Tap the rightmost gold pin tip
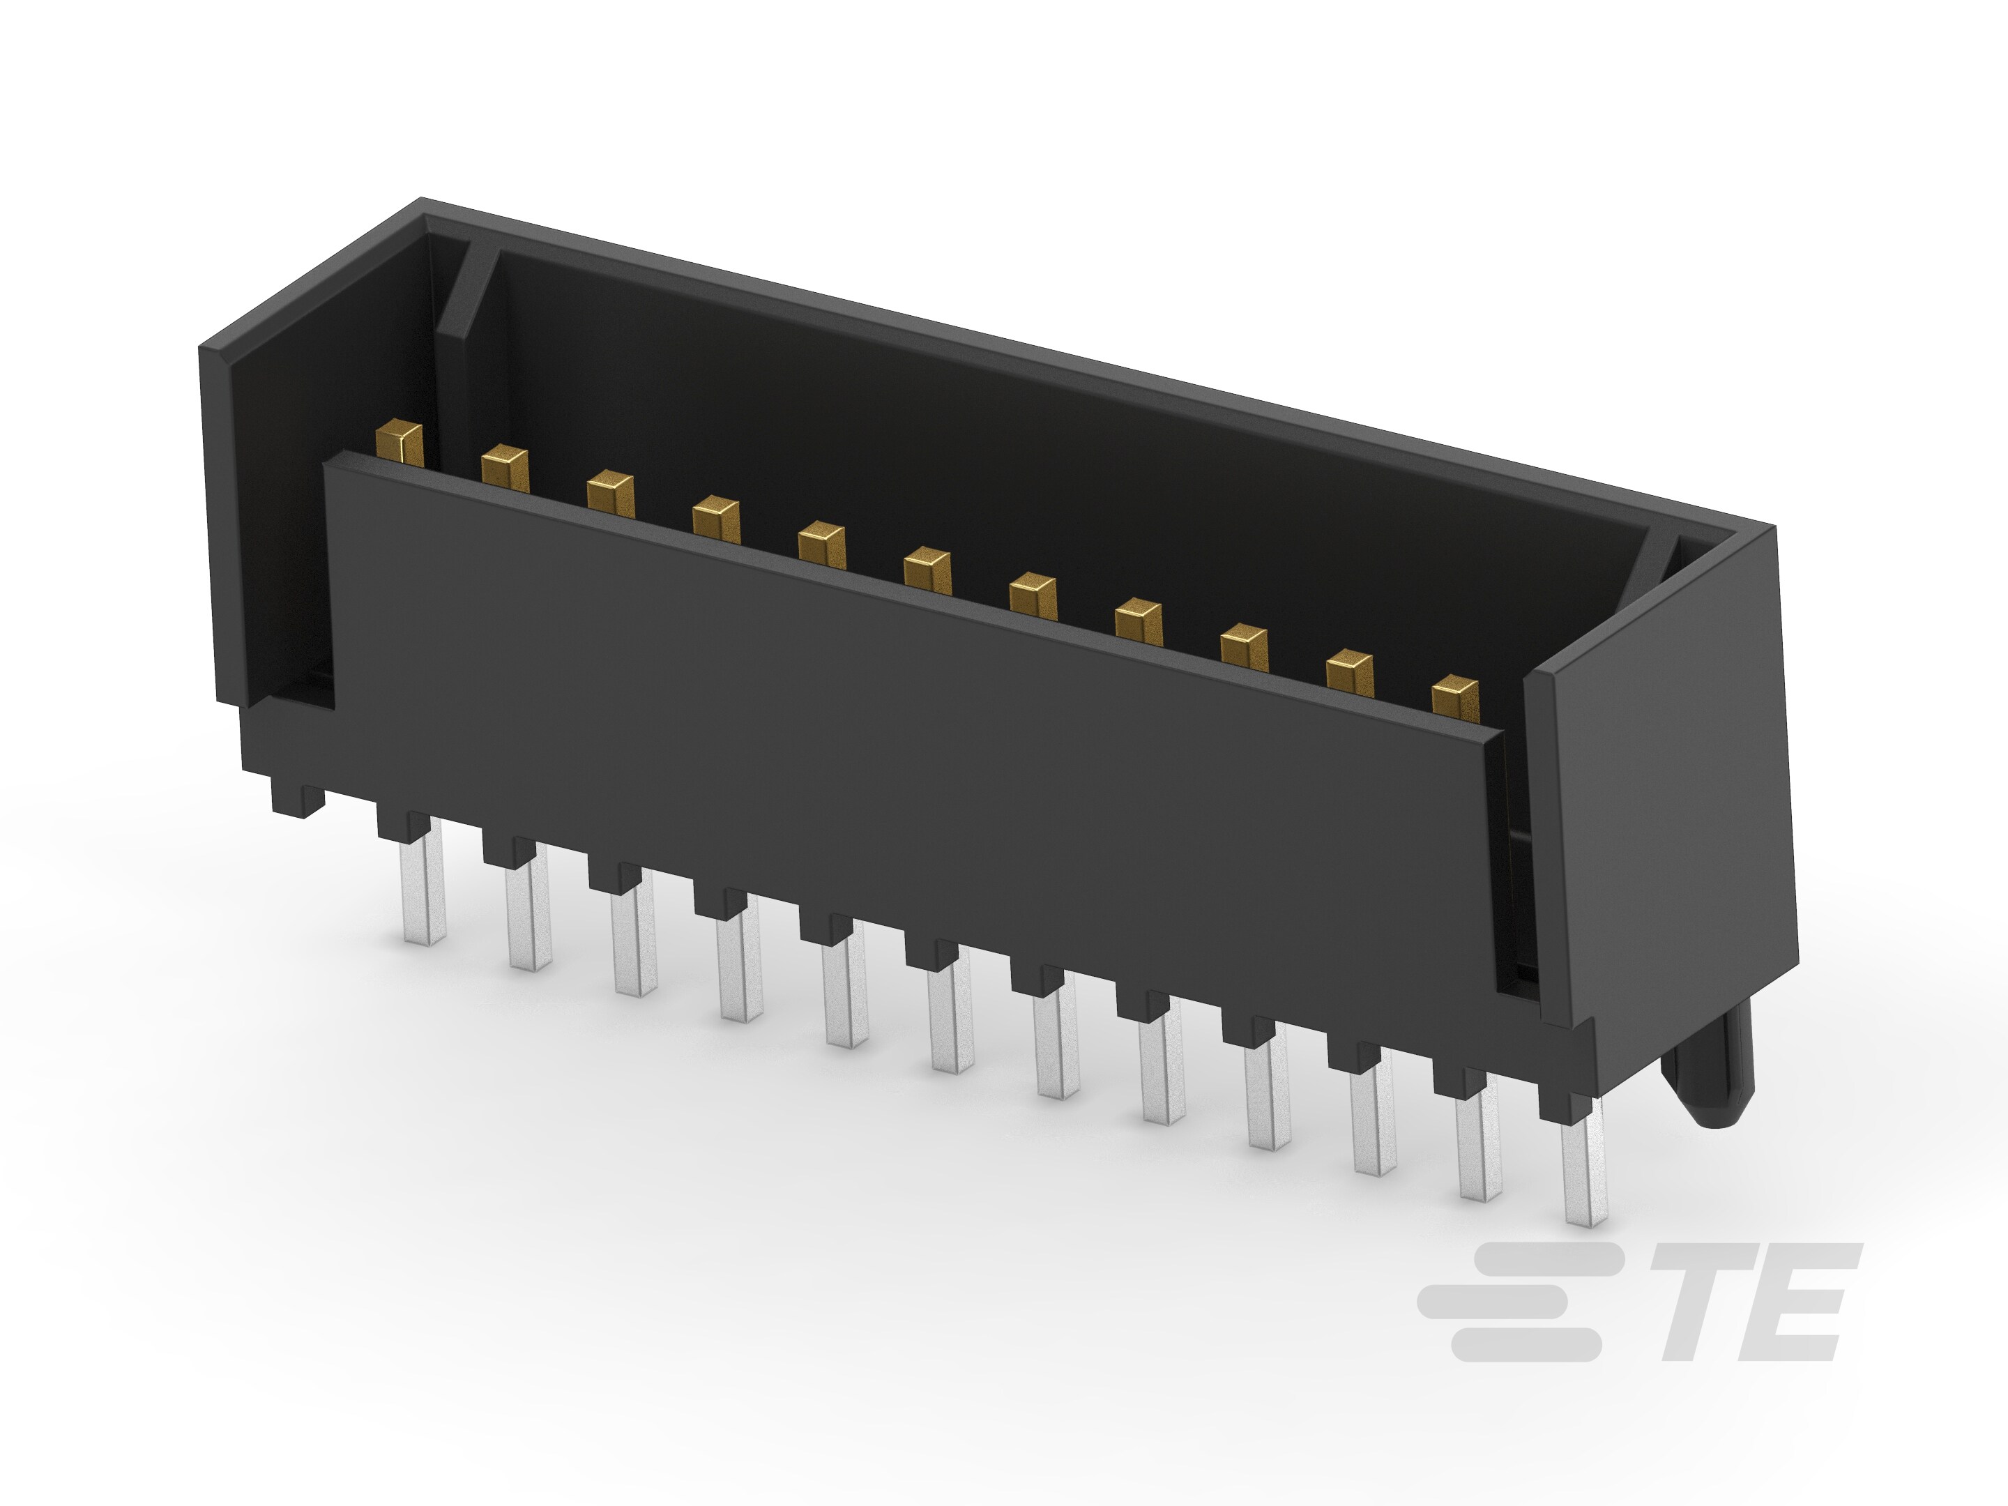click(1454, 697)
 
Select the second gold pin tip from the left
click(505, 469)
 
